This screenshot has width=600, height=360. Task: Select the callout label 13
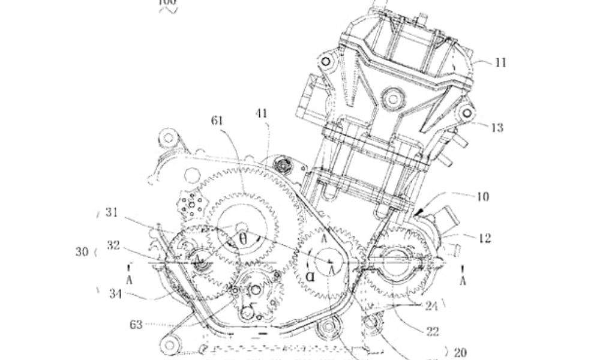click(497, 127)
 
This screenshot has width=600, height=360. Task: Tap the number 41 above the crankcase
click(261, 113)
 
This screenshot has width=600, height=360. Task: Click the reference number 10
click(482, 196)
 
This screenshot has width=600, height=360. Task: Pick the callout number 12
click(485, 239)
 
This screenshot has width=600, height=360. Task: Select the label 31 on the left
click(112, 212)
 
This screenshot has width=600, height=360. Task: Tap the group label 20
click(461, 352)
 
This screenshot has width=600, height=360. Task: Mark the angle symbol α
click(310, 277)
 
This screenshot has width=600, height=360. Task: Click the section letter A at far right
click(463, 280)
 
